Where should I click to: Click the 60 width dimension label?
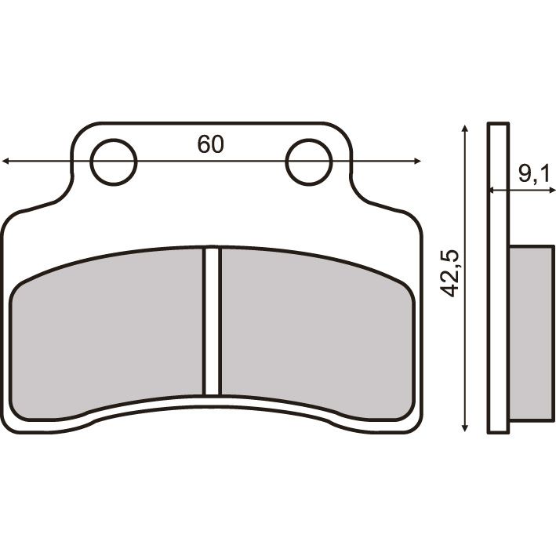coord(211,144)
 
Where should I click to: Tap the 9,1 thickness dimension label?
coord(533,175)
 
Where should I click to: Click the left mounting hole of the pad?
coord(114,162)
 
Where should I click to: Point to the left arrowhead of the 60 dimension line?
coord(6,162)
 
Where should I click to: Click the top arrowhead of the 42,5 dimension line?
coord(466,128)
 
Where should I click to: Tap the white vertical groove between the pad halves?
coord(213,322)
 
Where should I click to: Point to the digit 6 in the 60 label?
coord(204,144)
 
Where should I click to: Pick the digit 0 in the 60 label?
coord(218,144)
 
